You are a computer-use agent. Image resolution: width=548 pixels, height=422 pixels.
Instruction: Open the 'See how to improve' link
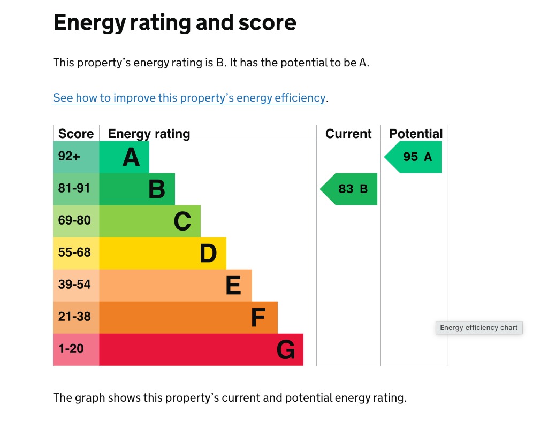point(189,98)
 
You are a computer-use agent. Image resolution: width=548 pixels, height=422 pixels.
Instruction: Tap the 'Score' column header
point(76,134)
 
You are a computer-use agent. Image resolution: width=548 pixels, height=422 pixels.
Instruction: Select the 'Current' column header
point(348,134)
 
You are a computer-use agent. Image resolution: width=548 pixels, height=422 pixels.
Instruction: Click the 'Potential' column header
point(416,134)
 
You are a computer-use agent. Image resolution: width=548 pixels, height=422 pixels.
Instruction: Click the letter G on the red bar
point(286,350)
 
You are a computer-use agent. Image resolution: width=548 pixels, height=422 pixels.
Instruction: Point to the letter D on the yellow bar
point(208,254)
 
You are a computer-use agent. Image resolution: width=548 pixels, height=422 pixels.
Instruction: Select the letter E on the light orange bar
point(233,286)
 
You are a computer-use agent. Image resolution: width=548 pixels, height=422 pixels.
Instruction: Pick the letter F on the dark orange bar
point(258,318)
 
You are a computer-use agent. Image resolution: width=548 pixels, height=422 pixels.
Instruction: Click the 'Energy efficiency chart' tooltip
point(479,327)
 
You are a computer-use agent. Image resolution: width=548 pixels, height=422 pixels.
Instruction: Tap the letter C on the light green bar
point(182,221)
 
